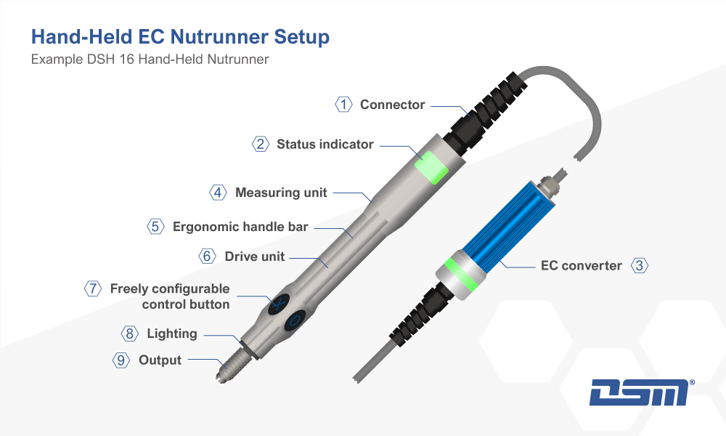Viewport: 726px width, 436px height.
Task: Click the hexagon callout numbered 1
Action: tap(343, 104)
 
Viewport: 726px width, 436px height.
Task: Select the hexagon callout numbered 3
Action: tap(640, 265)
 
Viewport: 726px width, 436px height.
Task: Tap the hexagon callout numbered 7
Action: tap(93, 288)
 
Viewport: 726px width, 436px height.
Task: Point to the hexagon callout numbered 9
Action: tap(121, 360)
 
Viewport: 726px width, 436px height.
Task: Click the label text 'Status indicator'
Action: tap(325, 144)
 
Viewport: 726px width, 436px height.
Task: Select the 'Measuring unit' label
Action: tap(281, 193)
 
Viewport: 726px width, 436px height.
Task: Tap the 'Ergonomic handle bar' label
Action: tap(240, 227)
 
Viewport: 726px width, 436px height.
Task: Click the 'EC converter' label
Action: tap(581, 265)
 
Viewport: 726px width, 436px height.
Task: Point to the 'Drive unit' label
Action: tap(255, 257)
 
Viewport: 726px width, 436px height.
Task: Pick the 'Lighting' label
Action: tap(172, 334)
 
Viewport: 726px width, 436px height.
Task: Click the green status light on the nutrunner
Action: tap(431, 167)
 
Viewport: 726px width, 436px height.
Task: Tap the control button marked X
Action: tap(278, 304)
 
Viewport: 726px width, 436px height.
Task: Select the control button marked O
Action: tap(295, 320)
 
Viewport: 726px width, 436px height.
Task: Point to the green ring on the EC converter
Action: tap(459, 275)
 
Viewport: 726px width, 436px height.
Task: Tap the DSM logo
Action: tap(639, 392)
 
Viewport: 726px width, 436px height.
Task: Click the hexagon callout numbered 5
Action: tap(155, 226)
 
